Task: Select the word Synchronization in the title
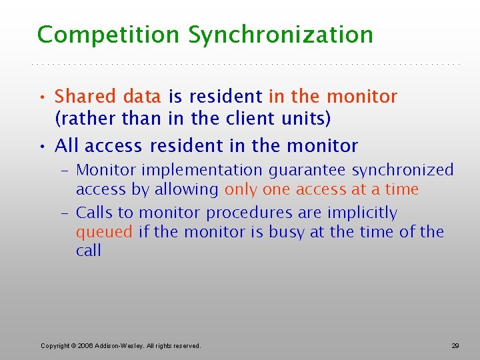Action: [x=281, y=35]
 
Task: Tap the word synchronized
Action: [x=403, y=171]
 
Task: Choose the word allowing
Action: [x=186, y=189]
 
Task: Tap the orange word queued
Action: [x=105, y=233]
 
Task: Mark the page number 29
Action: [x=455, y=345]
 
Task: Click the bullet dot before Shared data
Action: [x=43, y=97]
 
